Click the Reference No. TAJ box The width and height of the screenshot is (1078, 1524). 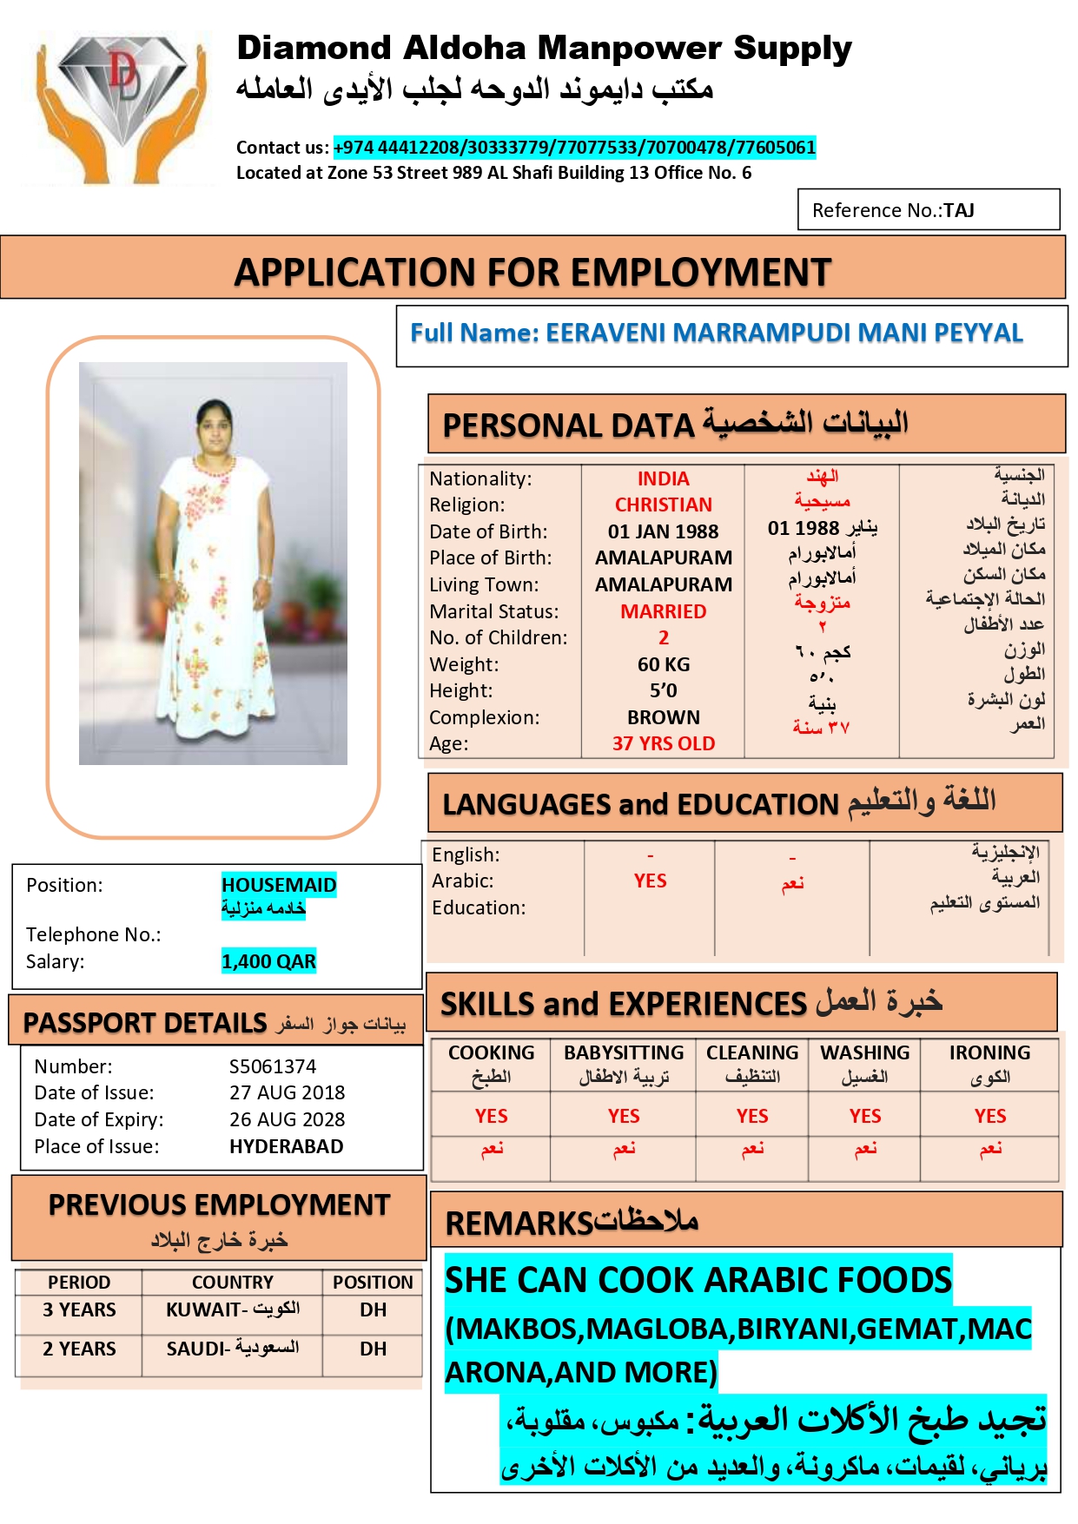tap(928, 210)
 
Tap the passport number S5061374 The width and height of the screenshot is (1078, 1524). tap(273, 1066)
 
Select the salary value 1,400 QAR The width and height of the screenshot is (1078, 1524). tap(268, 961)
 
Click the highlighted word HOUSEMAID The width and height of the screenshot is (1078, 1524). tap(278, 885)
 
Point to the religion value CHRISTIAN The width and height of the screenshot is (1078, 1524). tap(663, 505)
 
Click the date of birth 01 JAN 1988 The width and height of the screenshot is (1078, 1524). tap(663, 531)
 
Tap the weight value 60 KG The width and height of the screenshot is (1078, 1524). tap(663, 664)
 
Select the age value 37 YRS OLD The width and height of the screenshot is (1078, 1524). tap(663, 743)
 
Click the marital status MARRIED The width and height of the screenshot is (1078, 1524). tap(663, 611)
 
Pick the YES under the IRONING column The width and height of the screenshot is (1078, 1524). tap(989, 1116)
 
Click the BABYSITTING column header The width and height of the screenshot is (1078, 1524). tap(623, 1052)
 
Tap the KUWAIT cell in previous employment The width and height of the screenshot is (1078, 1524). tap(232, 1310)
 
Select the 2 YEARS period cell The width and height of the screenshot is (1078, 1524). tap(79, 1349)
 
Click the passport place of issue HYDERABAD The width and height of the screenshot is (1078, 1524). tap(286, 1146)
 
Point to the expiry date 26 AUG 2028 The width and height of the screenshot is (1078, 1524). tap(287, 1119)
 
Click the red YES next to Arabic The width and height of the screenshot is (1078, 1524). tap(650, 881)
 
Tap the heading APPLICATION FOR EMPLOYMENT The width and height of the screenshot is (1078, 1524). tap(532, 273)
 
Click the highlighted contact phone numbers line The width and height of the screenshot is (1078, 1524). tap(574, 148)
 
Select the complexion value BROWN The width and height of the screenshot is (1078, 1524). tap(663, 717)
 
